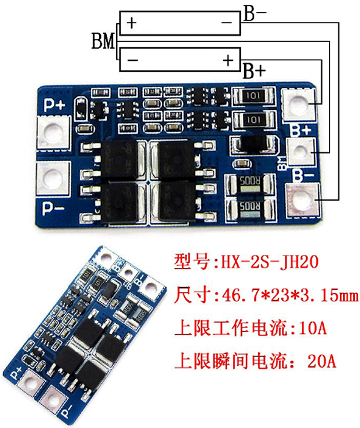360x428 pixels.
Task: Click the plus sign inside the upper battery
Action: (x=131, y=22)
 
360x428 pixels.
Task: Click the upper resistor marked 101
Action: (x=254, y=96)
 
